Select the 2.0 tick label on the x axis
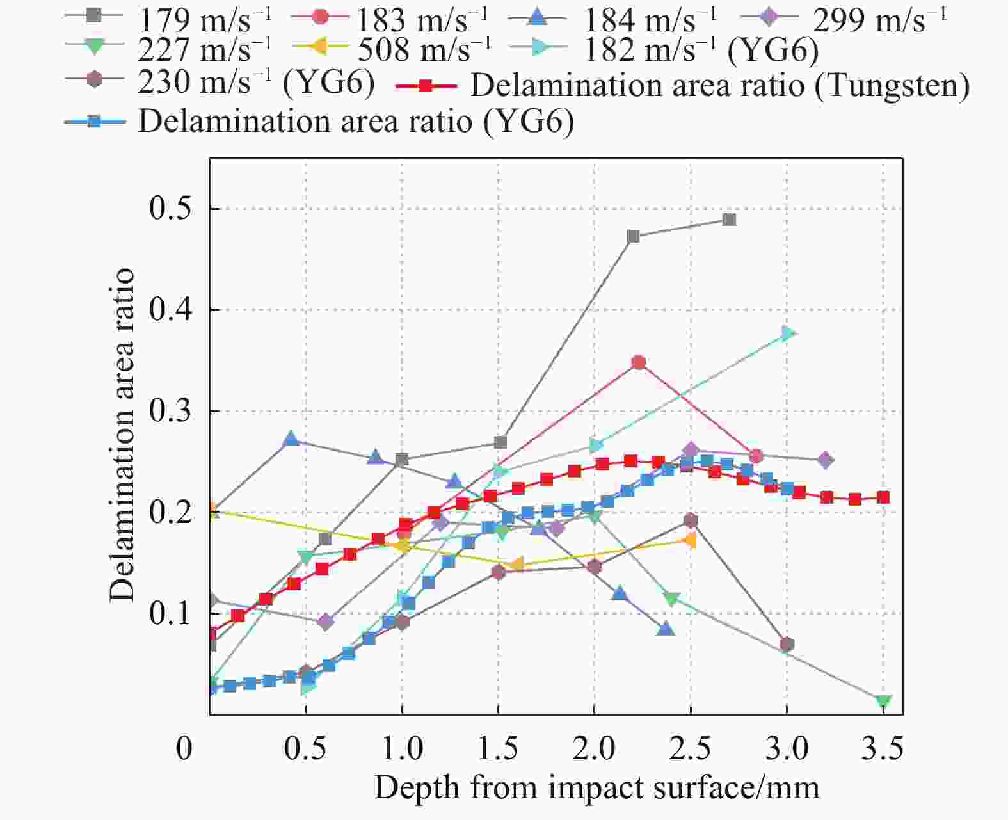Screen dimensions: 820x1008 594,748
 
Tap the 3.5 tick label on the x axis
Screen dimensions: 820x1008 883,748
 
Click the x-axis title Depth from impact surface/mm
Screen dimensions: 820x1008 596,787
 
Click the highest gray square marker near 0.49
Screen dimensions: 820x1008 729,220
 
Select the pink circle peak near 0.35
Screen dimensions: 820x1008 638,362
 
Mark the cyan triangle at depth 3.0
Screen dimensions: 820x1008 788,333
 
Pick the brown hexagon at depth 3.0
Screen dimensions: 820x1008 787,644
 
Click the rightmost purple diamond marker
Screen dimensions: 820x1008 826,460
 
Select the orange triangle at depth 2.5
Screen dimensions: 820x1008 690,540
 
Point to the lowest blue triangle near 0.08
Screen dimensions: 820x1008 666,629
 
